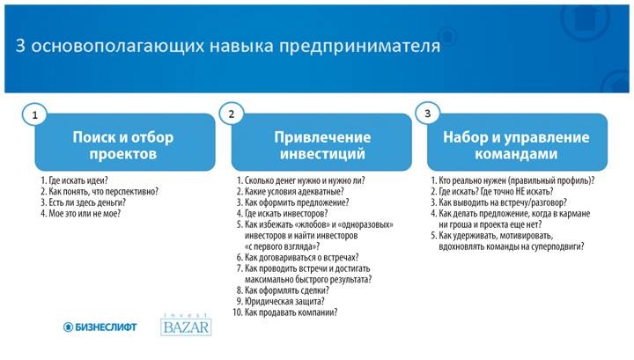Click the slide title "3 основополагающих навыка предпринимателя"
pyautogui.click(x=227, y=47)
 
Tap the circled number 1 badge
pyautogui.click(x=35, y=114)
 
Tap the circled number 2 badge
pyautogui.click(x=232, y=114)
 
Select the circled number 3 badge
pyautogui.click(x=427, y=114)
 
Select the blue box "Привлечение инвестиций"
pyautogui.click(x=321, y=145)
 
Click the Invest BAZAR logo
pyautogui.click(x=186, y=325)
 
